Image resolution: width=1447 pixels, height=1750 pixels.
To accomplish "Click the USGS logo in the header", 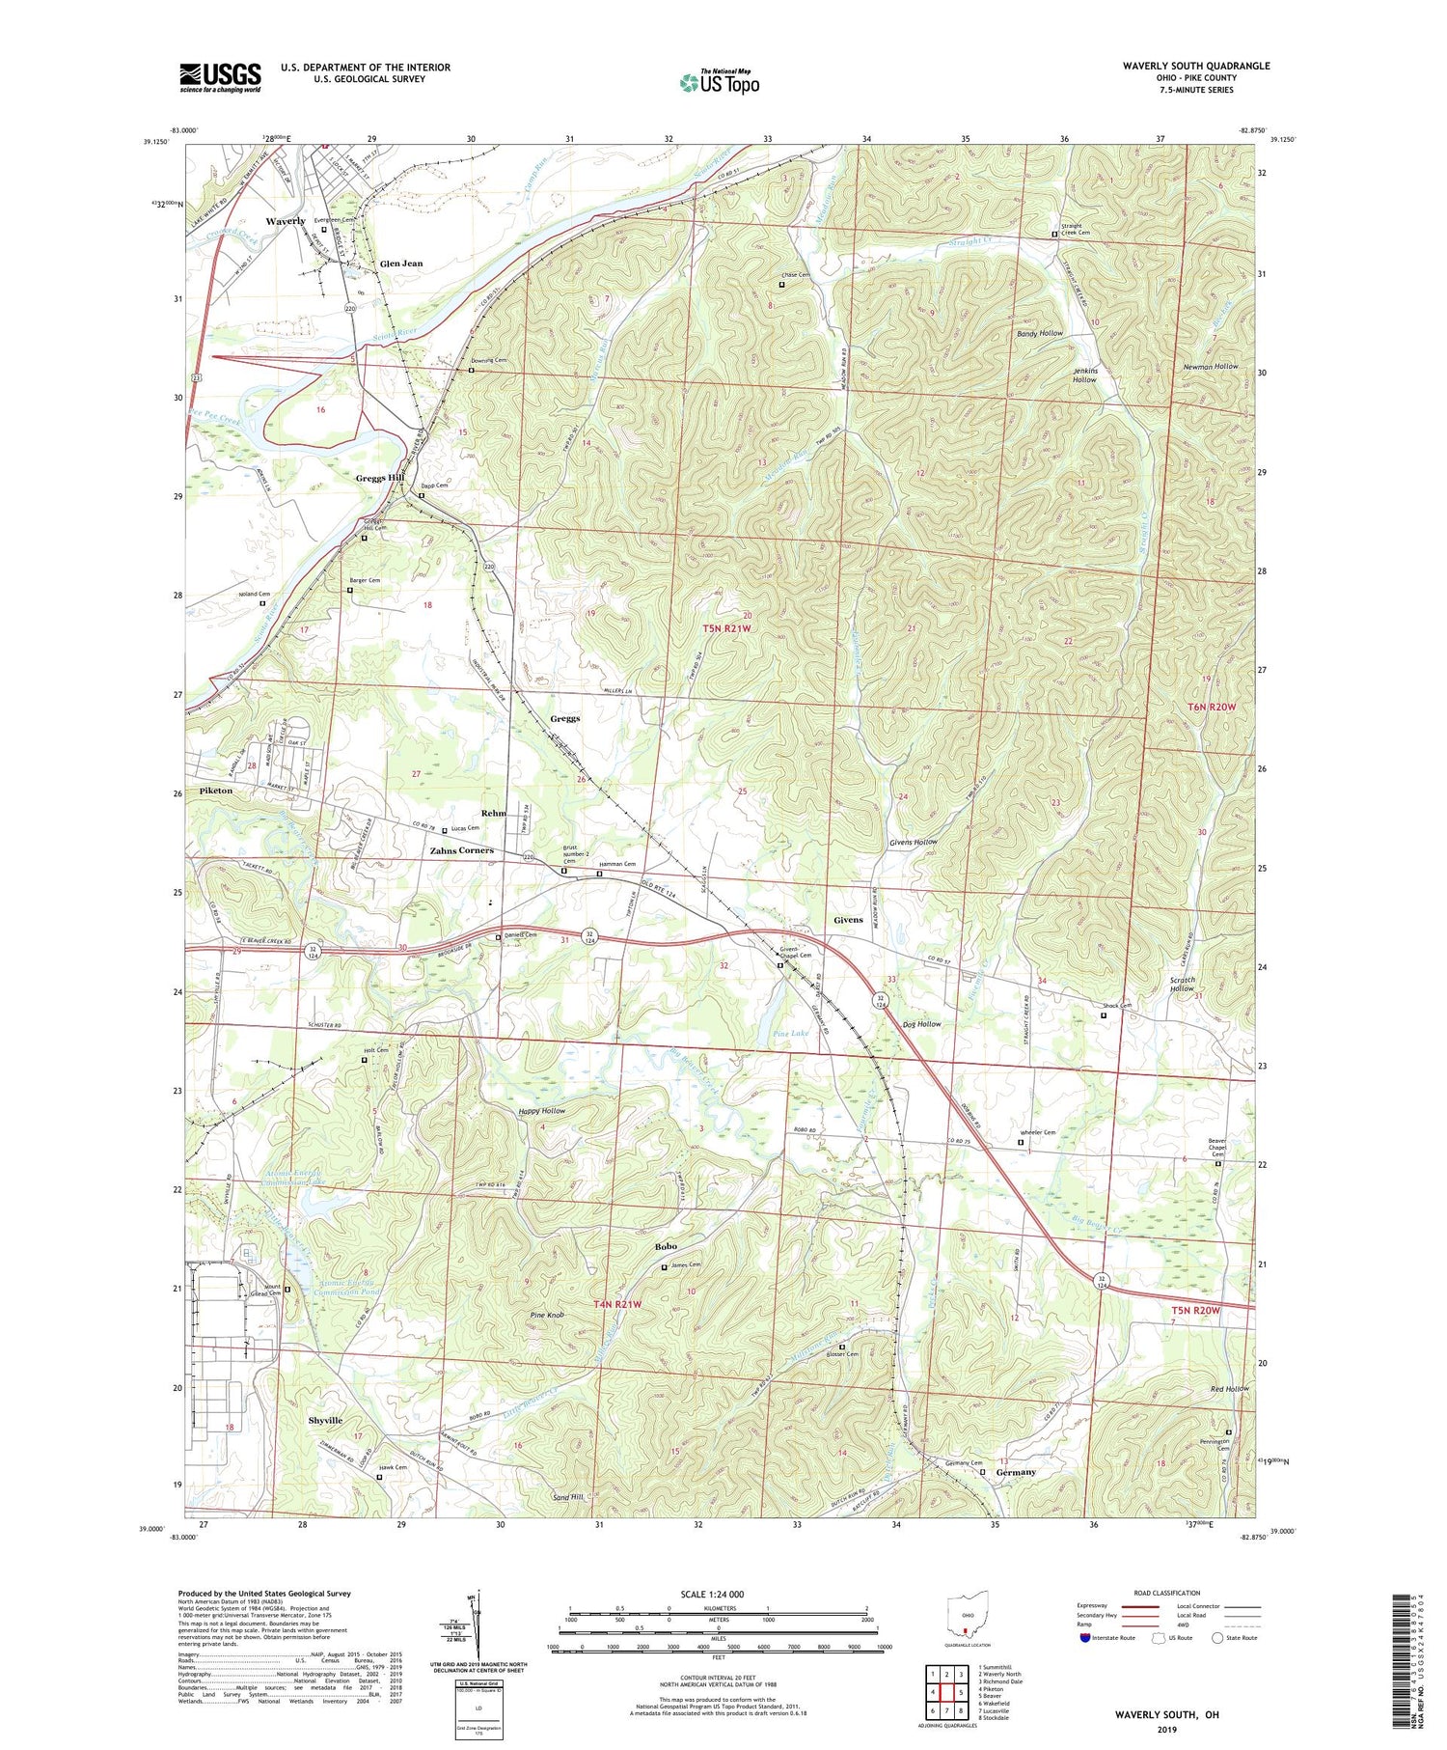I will pyautogui.click(x=220, y=77).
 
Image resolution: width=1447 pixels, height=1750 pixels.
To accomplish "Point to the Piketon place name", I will pyautogui.click(x=216, y=791).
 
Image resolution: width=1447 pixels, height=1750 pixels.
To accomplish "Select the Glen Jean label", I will pyautogui.click(x=401, y=264).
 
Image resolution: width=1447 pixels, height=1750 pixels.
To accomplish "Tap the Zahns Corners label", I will pyautogui.click(x=461, y=850).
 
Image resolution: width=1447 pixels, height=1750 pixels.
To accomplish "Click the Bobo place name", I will pyautogui.click(x=666, y=1246).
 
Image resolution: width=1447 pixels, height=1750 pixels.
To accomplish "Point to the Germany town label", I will pyautogui.click(x=1015, y=1472).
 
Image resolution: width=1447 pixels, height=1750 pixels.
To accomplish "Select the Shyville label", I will pyautogui.click(x=325, y=1421).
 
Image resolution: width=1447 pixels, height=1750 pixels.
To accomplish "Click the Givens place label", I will pyautogui.click(x=848, y=920).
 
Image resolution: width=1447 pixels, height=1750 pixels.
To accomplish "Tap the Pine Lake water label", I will pyautogui.click(x=791, y=1033).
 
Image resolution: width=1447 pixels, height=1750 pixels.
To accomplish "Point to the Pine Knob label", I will pyautogui.click(x=547, y=1316).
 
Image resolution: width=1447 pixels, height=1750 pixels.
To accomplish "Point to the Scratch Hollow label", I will pyautogui.click(x=1182, y=984).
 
